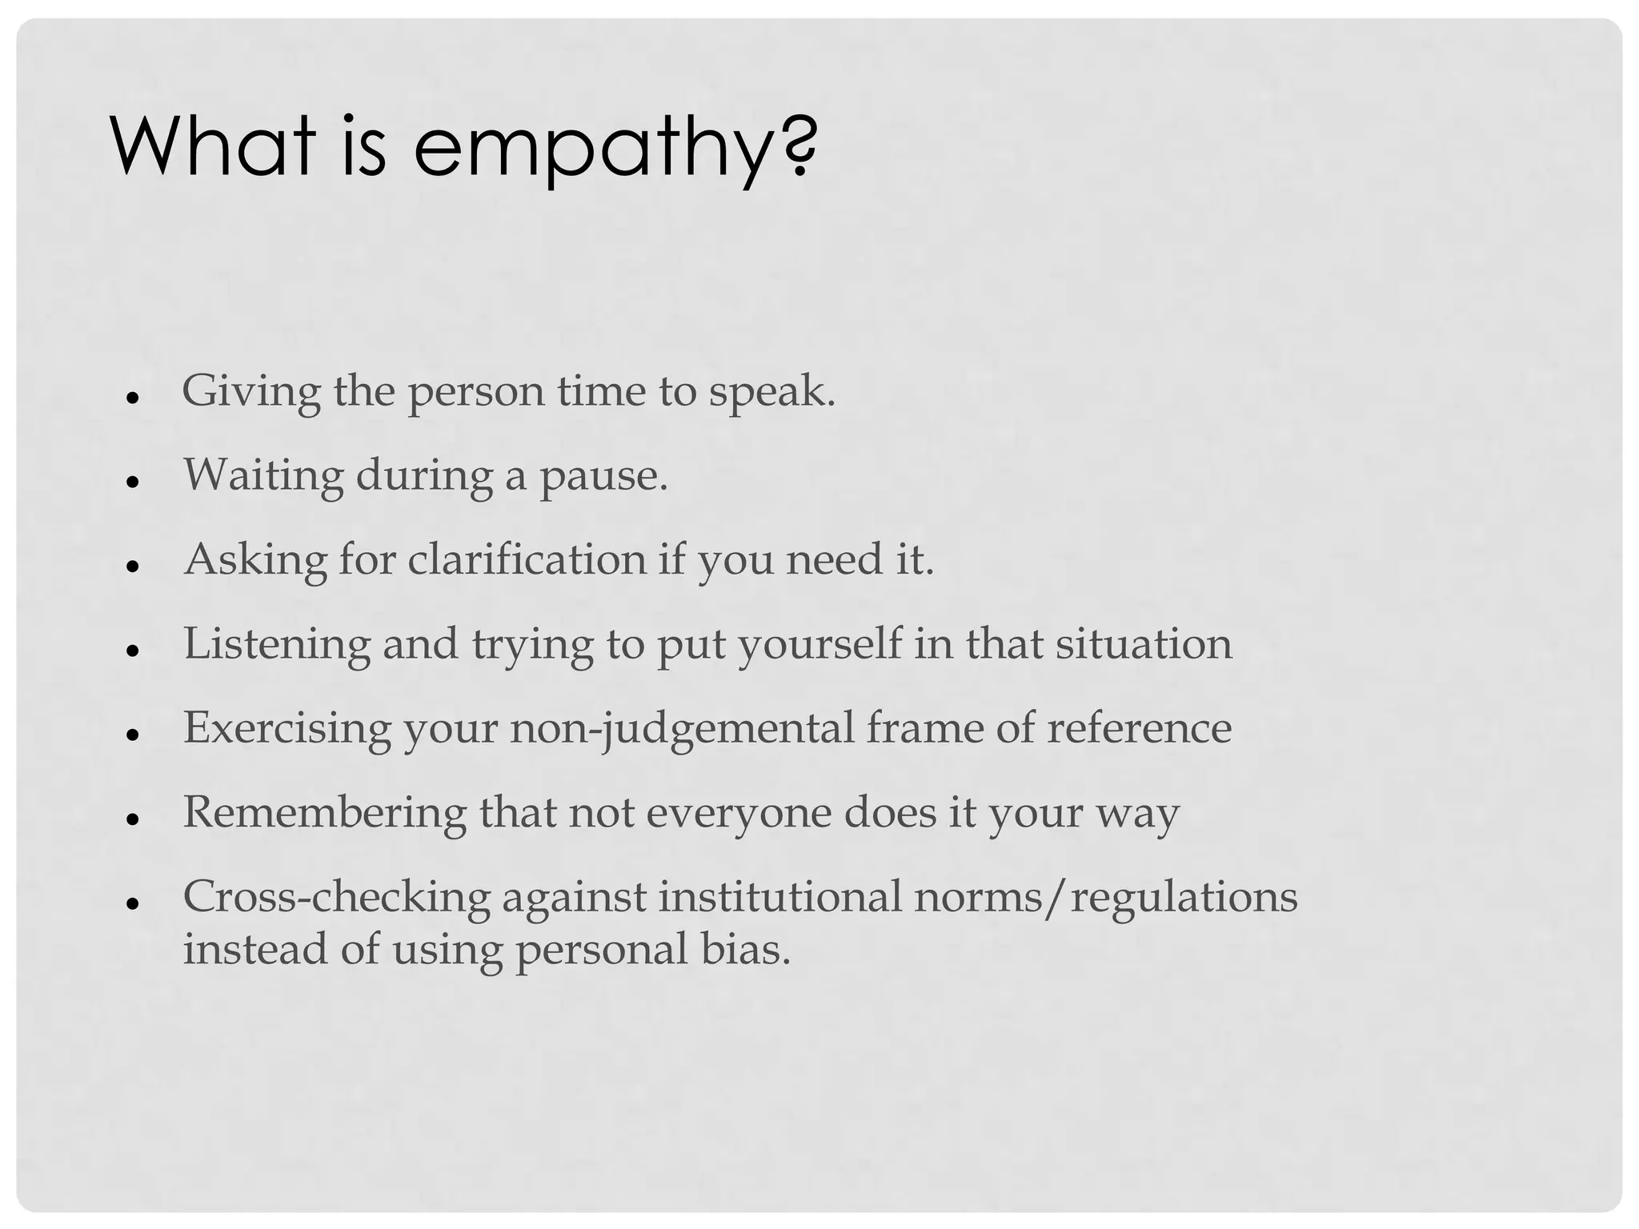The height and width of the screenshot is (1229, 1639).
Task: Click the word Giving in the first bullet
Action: point(250,392)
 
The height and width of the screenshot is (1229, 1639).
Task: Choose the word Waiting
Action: point(263,475)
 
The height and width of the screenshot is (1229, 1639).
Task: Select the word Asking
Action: point(255,560)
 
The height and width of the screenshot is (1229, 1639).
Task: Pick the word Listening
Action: point(277,644)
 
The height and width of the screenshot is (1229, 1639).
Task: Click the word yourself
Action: point(819,644)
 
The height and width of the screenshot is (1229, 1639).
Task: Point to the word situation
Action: point(1144,644)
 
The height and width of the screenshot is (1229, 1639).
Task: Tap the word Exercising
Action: point(287,729)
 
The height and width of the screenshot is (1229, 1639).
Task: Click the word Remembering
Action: point(325,813)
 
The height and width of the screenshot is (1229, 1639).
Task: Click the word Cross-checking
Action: point(336,896)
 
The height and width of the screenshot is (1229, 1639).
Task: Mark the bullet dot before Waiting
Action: point(134,480)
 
